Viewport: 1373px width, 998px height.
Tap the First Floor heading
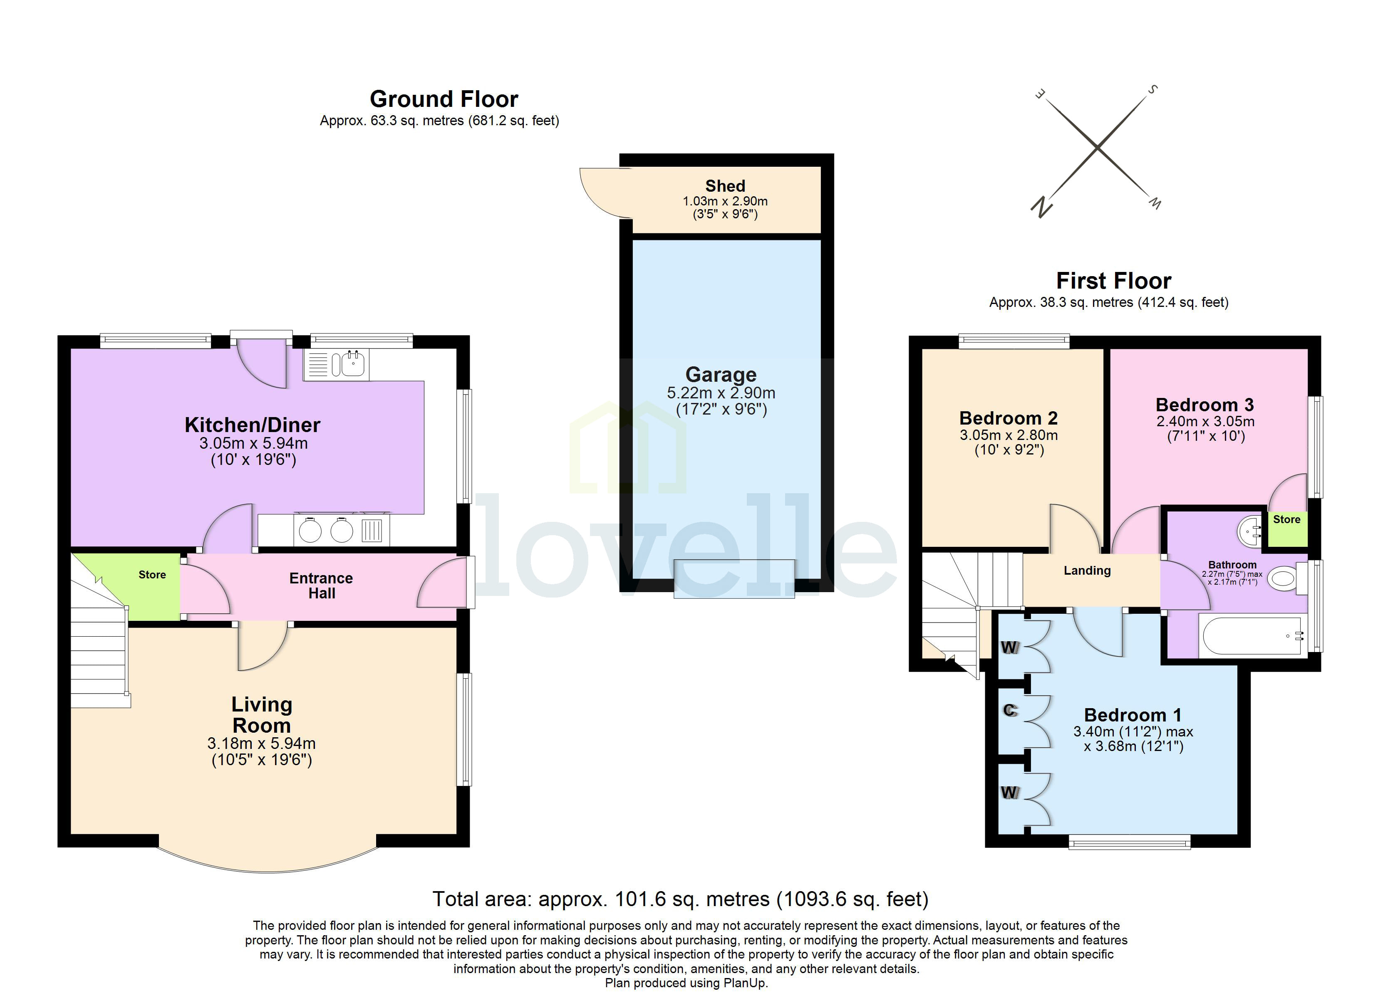coord(1113,281)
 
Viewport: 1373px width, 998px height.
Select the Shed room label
coord(725,186)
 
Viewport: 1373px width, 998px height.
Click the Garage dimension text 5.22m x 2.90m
coord(720,393)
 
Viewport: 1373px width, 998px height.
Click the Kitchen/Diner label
coord(253,425)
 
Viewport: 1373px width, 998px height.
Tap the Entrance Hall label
coord(321,585)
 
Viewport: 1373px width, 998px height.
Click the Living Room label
coord(262,715)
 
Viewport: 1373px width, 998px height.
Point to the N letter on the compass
coord(1041,207)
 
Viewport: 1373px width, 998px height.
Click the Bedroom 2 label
coord(1008,418)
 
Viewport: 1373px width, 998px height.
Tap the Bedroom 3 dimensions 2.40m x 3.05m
coord(1205,421)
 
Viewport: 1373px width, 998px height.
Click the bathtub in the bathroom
coord(1252,636)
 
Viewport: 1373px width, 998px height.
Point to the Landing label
coord(1087,570)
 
